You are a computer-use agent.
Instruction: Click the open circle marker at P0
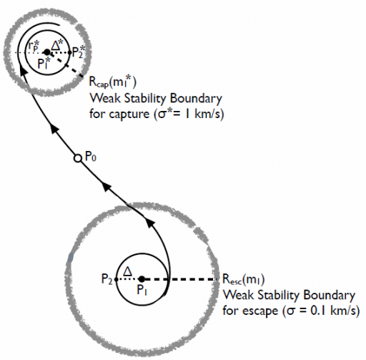coord(77,158)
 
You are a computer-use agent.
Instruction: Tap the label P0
coord(91,157)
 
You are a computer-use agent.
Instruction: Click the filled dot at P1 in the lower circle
coord(142,278)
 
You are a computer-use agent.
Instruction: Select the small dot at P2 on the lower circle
coord(116,279)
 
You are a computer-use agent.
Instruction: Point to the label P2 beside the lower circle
coord(107,279)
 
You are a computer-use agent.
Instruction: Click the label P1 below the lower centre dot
coord(142,290)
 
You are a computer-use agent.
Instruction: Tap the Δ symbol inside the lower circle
coord(128,271)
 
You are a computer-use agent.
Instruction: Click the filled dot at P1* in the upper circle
coord(47,52)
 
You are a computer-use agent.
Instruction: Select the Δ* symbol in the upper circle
coord(57,44)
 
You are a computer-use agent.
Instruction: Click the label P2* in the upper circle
coord(79,52)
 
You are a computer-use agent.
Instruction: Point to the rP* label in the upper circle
coord(34,45)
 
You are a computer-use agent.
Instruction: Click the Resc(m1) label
coord(243,279)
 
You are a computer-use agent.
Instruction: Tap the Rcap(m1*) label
coord(113,82)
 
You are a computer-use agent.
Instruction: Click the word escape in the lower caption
coord(261,311)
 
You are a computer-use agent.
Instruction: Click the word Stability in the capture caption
coord(145,99)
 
